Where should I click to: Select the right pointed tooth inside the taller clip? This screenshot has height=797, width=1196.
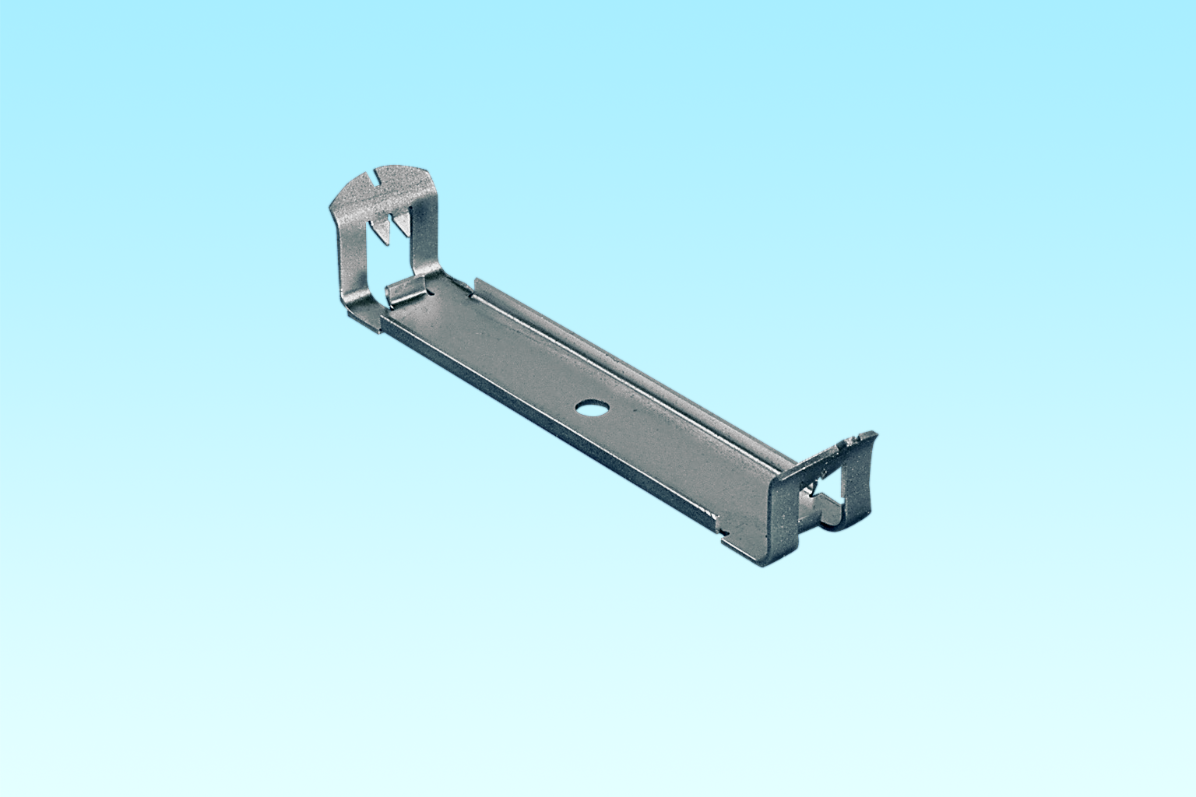[x=402, y=224]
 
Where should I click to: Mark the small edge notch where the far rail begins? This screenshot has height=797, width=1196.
[x=472, y=294]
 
